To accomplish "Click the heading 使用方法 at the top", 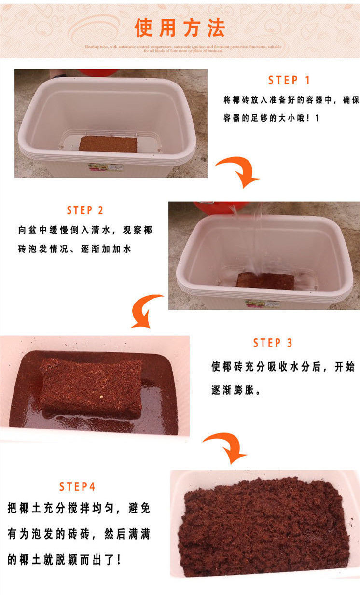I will tap(180, 28).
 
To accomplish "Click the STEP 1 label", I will tap(289, 80).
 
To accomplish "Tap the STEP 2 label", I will tap(85, 210).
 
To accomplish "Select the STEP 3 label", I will tap(273, 343).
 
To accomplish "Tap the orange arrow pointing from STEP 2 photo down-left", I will tap(148, 311).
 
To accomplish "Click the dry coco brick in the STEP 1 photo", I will tap(108, 144).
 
